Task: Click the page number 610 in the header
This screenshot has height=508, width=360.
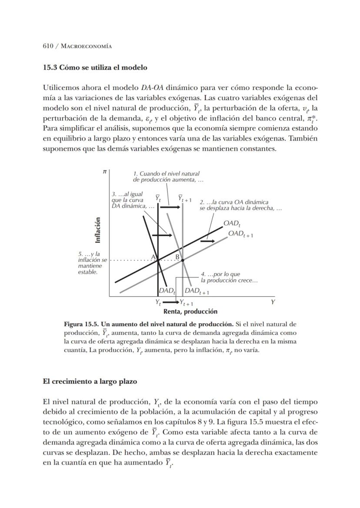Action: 48,46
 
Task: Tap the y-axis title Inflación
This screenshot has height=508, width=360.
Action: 98,230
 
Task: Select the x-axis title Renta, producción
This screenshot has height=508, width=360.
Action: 190,311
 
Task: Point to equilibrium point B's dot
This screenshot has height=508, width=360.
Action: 183,260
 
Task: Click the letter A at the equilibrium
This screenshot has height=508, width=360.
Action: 153,257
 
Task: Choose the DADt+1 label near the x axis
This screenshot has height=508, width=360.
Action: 197,291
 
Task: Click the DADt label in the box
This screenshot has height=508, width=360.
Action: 167,291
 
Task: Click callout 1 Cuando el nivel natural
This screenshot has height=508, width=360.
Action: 168,177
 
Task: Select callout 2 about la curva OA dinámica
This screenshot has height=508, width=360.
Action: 240,205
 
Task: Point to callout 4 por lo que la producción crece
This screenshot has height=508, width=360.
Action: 229,277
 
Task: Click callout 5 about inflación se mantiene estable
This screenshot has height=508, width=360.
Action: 91,263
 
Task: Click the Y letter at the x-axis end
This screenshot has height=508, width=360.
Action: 273,302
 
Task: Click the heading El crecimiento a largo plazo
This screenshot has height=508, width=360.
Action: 90,381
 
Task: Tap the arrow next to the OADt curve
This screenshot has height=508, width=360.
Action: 207,241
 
